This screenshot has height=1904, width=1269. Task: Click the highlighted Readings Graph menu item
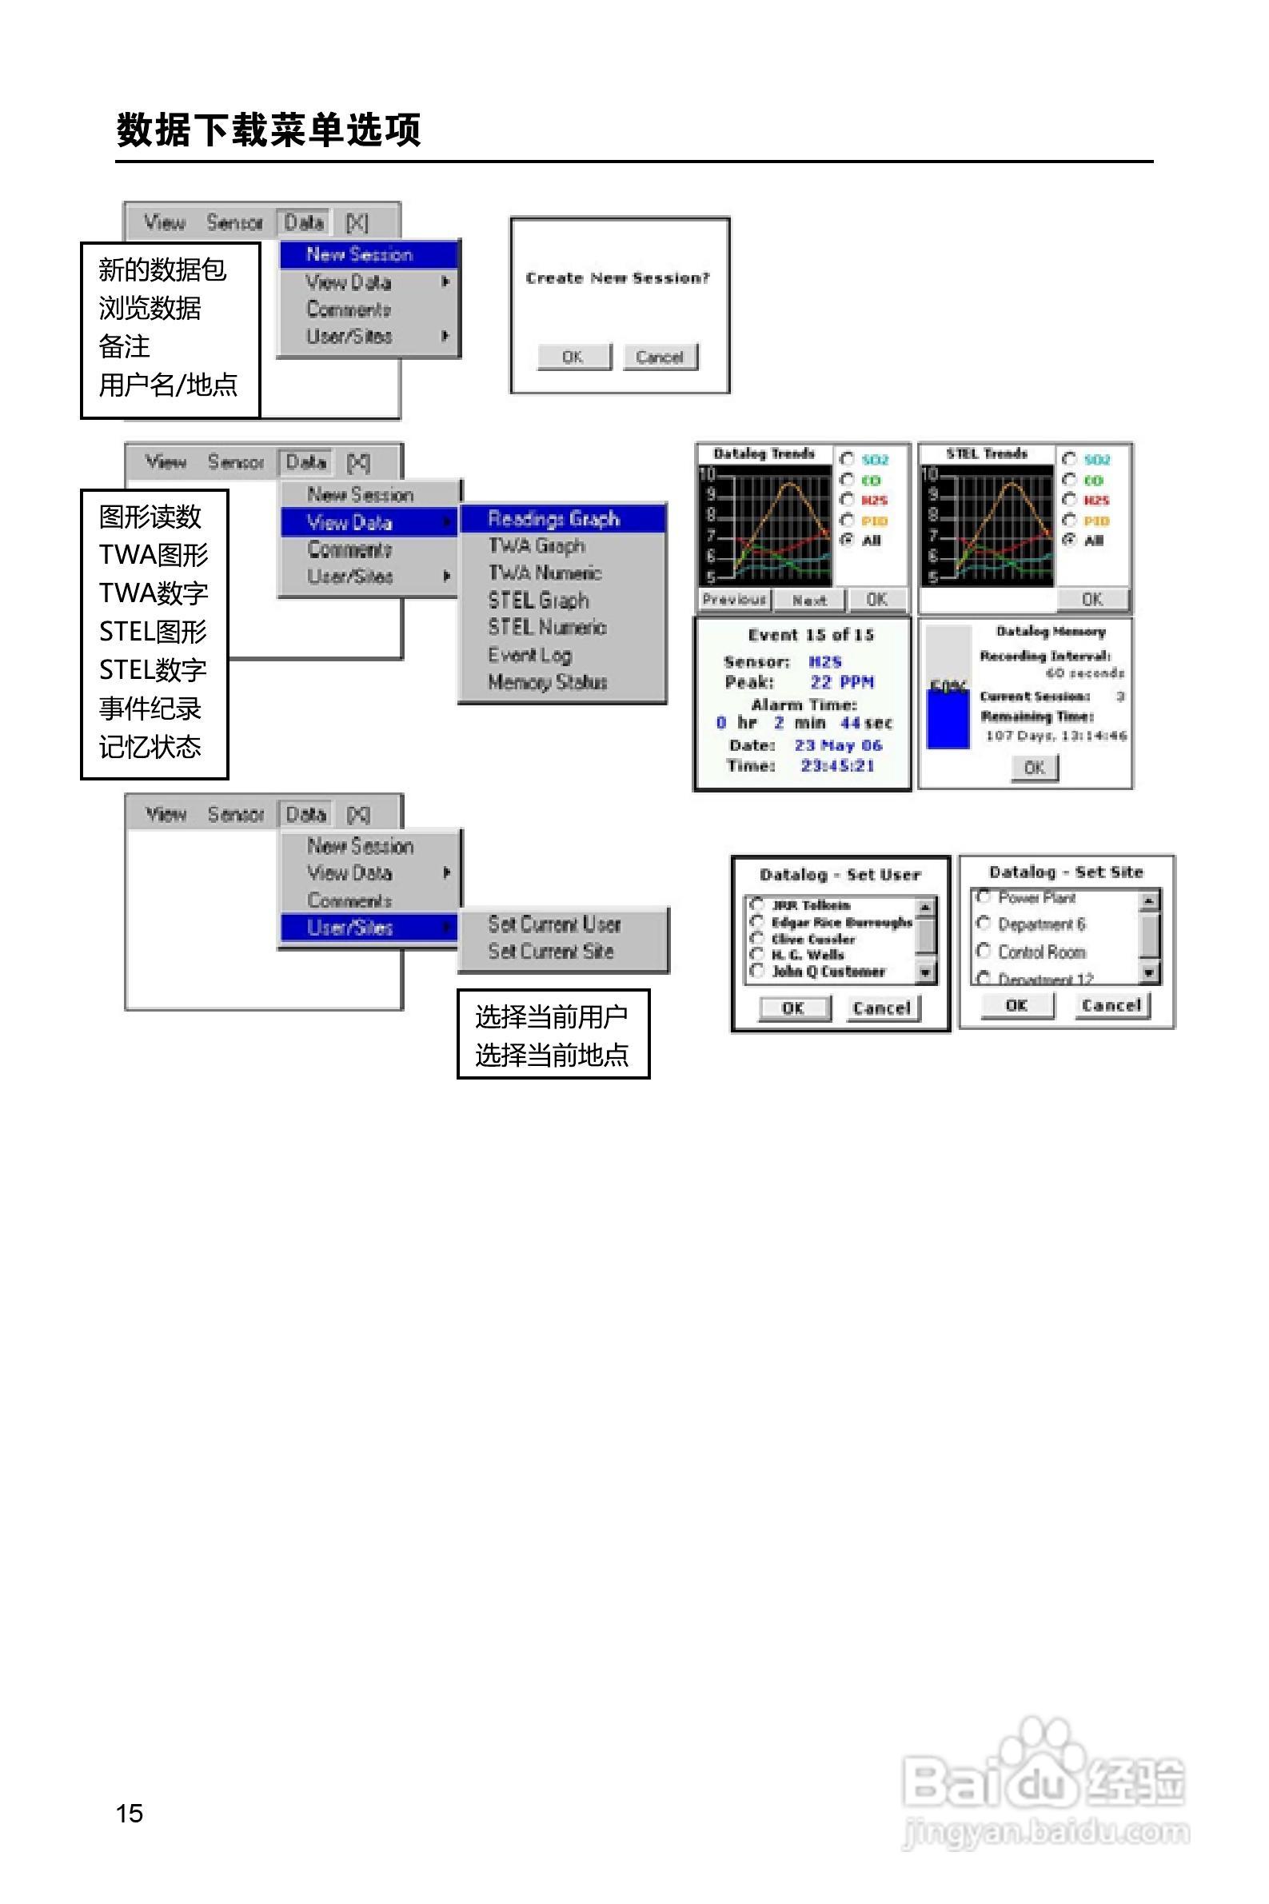click(554, 519)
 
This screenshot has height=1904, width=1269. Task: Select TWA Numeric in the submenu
click(545, 573)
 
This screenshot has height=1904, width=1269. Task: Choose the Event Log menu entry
click(530, 655)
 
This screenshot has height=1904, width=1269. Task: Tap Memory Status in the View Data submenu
click(548, 682)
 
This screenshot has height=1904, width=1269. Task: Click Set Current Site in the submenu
click(551, 952)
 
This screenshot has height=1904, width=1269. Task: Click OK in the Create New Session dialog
click(574, 357)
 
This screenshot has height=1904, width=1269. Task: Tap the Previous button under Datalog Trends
click(735, 600)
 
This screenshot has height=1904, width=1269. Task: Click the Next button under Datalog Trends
click(809, 600)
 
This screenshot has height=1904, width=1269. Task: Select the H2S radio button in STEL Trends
click(1069, 499)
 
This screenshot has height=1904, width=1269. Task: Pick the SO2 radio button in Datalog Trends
click(848, 459)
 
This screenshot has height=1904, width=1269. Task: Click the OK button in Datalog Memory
click(1034, 767)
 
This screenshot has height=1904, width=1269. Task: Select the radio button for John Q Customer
click(757, 970)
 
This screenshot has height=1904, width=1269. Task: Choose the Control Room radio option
click(984, 951)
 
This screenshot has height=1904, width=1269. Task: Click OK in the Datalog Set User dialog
click(793, 1008)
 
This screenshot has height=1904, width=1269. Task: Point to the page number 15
click(130, 1813)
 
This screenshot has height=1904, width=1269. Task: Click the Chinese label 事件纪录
click(150, 709)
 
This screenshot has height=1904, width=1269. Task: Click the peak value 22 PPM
click(842, 682)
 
